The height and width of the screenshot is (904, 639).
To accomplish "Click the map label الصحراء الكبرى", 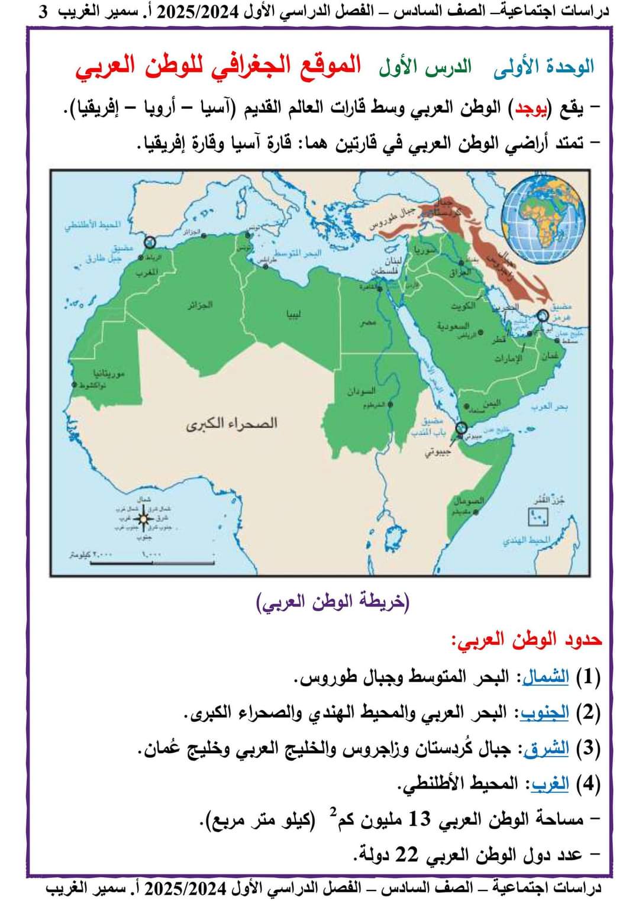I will point(231,424).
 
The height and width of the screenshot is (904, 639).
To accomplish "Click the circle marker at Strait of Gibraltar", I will point(150,241).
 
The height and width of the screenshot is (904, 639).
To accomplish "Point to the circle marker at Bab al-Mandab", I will point(460,428).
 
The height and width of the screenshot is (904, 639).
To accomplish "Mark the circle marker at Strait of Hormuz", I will point(541,317).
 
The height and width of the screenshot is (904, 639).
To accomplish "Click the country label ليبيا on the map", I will point(294,314).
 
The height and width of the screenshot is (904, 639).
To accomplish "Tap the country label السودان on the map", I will point(361,391).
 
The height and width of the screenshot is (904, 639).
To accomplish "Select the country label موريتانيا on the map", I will point(109,373).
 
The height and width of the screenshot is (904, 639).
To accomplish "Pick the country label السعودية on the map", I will point(453,325).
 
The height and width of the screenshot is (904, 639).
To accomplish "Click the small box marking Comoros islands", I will point(538,516).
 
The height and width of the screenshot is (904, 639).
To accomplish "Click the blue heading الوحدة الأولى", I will point(544,66).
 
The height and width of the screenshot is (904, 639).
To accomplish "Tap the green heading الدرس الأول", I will point(425,67).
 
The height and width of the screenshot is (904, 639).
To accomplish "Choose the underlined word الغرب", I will point(550,784).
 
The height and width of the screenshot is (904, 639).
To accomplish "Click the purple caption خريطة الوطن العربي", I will point(333,602).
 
